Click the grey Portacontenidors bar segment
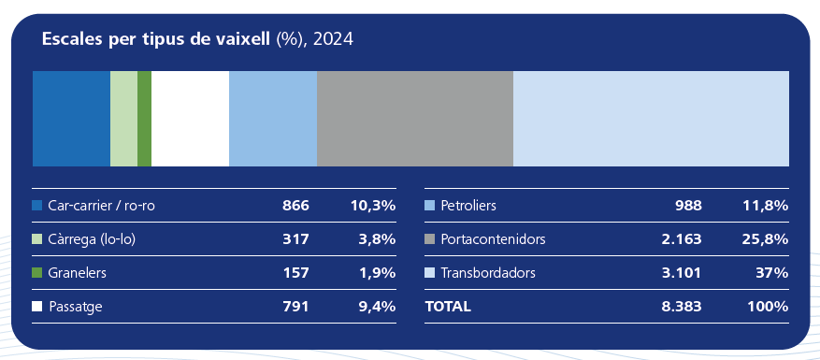[x=415, y=119]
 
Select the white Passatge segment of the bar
[x=190, y=119]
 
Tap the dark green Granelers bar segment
[x=144, y=119]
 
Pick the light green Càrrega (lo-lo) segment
[x=123, y=119]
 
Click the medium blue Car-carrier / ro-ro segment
[x=71, y=119]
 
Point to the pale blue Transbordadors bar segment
[x=651, y=119]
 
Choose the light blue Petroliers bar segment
[x=273, y=119]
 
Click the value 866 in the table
[x=295, y=205]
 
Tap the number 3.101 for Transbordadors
[x=683, y=272]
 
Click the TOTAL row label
[x=448, y=306]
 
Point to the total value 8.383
[x=683, y=306]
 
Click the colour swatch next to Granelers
[x=37, y=272]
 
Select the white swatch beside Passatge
[x=37, y=306]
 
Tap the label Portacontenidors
[x=493, y=238]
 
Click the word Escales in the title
[x=71, y=40]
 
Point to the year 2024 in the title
[x=334, y=40]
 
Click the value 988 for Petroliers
[x=688, y=205]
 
